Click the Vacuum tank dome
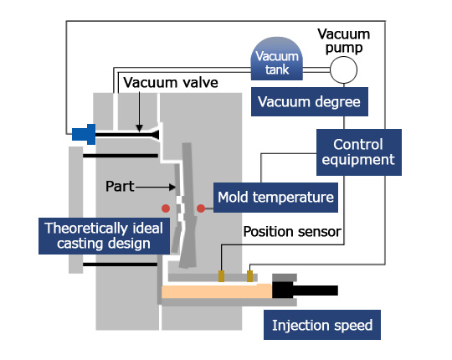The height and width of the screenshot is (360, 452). tap(277, 59)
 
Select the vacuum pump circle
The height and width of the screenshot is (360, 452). tap(343, 70)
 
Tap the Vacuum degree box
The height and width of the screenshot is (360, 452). tap(310, 102)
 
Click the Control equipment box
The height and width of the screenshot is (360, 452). tap(359, 152)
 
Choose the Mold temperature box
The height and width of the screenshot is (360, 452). tap(275, 198)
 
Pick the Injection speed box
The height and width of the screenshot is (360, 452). tap(322, 325)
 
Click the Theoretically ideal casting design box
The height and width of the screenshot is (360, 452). tap(104, 236)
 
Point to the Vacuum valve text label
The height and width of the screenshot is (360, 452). tap(171, 83)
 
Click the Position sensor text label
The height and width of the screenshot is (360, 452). tap(292, 232)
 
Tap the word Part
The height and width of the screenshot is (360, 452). tap(120, 186)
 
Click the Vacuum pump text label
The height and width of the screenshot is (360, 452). tap(344, 41)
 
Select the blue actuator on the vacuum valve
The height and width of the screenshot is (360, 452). tap(84, 134)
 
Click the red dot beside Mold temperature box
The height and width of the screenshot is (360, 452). tap(201, 208)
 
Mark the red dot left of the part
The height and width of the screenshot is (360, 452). tap(166, 208)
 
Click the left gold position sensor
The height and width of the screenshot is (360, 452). tap(221, 276)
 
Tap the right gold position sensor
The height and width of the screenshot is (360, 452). tap(250, 276)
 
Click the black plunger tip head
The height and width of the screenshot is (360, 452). tap(283, 290)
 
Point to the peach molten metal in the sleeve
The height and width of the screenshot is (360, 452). tap(217, 291)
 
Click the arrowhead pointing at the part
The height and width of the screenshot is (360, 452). tap(172, 187)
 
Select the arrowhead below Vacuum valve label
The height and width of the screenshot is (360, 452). tap(139, 129)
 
